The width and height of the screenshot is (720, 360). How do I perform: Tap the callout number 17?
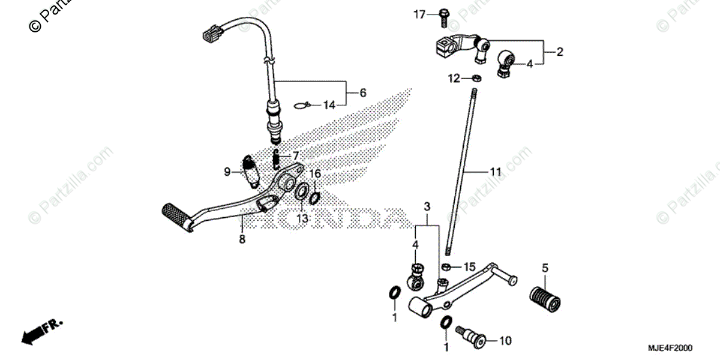point(418,14)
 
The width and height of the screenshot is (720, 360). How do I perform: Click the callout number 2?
point(560,52)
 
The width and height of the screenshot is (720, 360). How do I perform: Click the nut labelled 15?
point(446,266)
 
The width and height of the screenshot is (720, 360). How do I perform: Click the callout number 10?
point(505,341)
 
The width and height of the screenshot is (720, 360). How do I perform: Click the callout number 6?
point(362,93)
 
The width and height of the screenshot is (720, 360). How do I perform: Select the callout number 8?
point(242,239)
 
